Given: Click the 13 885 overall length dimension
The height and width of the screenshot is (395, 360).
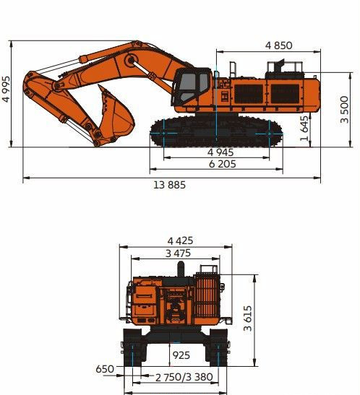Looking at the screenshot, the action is click(169, 185).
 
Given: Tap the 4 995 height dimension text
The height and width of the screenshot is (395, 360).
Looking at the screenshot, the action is click(7, 89).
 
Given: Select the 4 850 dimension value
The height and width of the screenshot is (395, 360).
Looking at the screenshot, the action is click(279, 45).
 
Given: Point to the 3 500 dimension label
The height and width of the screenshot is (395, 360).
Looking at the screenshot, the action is click(344, 110).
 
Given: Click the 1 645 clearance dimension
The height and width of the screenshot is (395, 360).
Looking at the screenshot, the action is click(304, 128).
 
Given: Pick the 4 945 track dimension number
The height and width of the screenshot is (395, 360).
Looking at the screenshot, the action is click(220, 152).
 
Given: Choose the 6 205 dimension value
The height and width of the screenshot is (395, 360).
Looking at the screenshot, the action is click(223, 164).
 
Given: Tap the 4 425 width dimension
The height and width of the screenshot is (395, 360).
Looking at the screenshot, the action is click(180, 241).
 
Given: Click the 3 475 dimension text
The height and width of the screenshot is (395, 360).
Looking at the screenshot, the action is click(178, 253).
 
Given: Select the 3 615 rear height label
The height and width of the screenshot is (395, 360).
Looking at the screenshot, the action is click(248, 318).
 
